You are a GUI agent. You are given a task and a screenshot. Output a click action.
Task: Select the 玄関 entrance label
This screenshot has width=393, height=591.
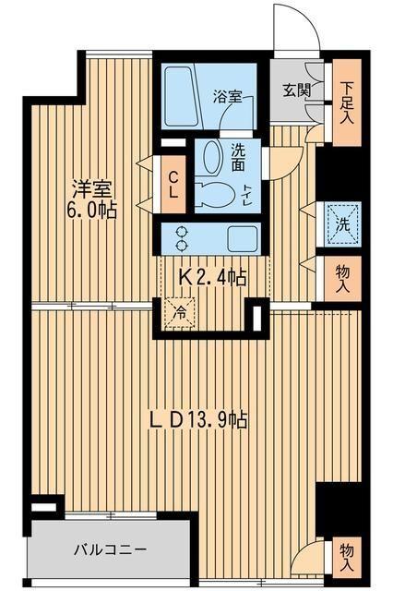[x=294, y=90]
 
